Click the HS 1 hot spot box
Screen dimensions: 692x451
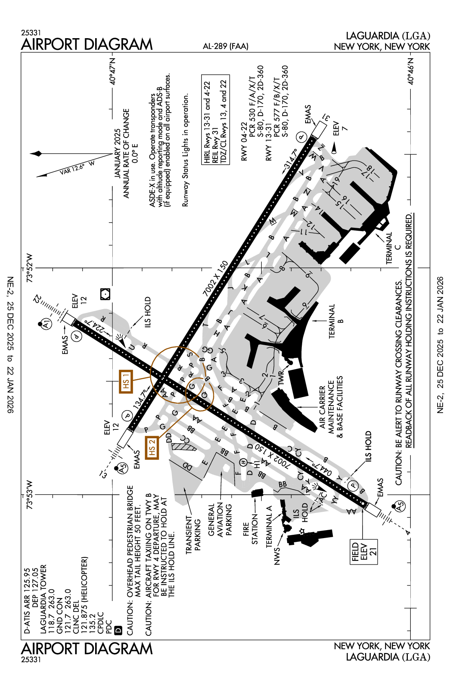click(x=126, y=381)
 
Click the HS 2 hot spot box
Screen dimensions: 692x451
click(x=152, y=447)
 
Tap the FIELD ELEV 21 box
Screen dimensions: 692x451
click(x=364, y=552)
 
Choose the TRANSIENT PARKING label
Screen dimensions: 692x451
click(x=193, y=534)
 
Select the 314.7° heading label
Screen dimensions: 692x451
click(x=290, y=160)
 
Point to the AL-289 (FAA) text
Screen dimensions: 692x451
click(x=225, y=46)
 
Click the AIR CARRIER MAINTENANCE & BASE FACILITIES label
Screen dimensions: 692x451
click(x=331, y=407)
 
